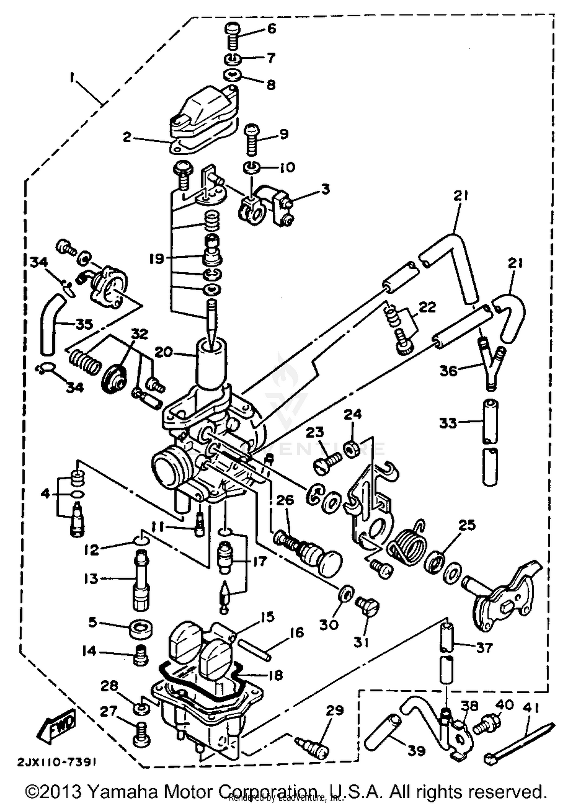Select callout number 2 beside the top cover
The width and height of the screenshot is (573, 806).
[x=127, y=137]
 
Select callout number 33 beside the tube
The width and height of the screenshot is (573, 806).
[x=448, y=423]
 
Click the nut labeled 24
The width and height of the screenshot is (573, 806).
[x=351, y=448]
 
